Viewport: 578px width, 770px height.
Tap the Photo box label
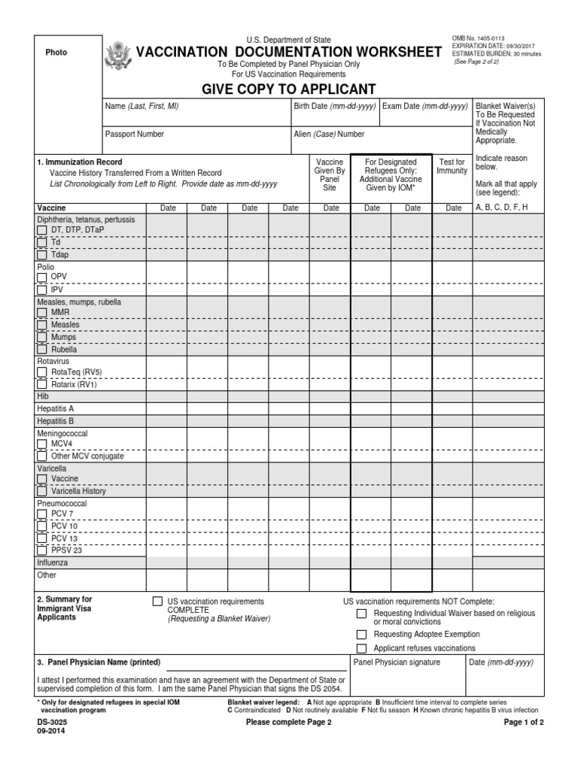point(55,53)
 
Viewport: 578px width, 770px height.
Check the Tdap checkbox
point(42,255)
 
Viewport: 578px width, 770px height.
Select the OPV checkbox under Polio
point(42,277)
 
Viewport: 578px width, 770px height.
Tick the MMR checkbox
point(42,313)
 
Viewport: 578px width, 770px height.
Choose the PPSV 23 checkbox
point(42,550)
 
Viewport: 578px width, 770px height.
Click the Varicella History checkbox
point(42,491)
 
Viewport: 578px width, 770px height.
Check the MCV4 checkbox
point(42,444)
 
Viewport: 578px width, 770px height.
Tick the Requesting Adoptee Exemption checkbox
point(361,635)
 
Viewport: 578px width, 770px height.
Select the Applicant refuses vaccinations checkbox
point(361,648)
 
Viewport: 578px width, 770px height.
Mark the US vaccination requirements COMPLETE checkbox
point(157,602)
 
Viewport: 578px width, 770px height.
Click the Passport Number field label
point(134,135)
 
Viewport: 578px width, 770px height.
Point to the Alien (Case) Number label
point(329,135)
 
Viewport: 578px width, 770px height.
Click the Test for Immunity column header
point(452,166)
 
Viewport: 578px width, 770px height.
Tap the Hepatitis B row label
point(56,421)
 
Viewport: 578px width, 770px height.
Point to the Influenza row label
point(53,562)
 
